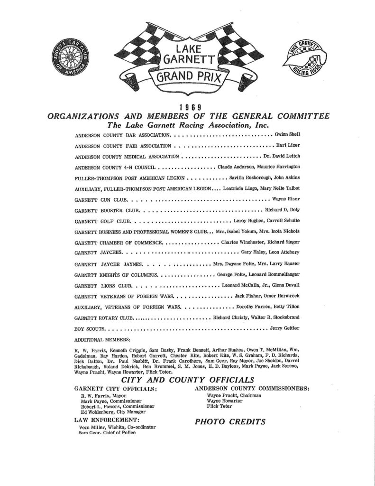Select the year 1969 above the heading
pos(186,107)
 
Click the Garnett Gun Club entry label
pos(101,200)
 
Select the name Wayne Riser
pos(286,199)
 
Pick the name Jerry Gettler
pos(285,328)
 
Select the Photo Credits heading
pos(230,421)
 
